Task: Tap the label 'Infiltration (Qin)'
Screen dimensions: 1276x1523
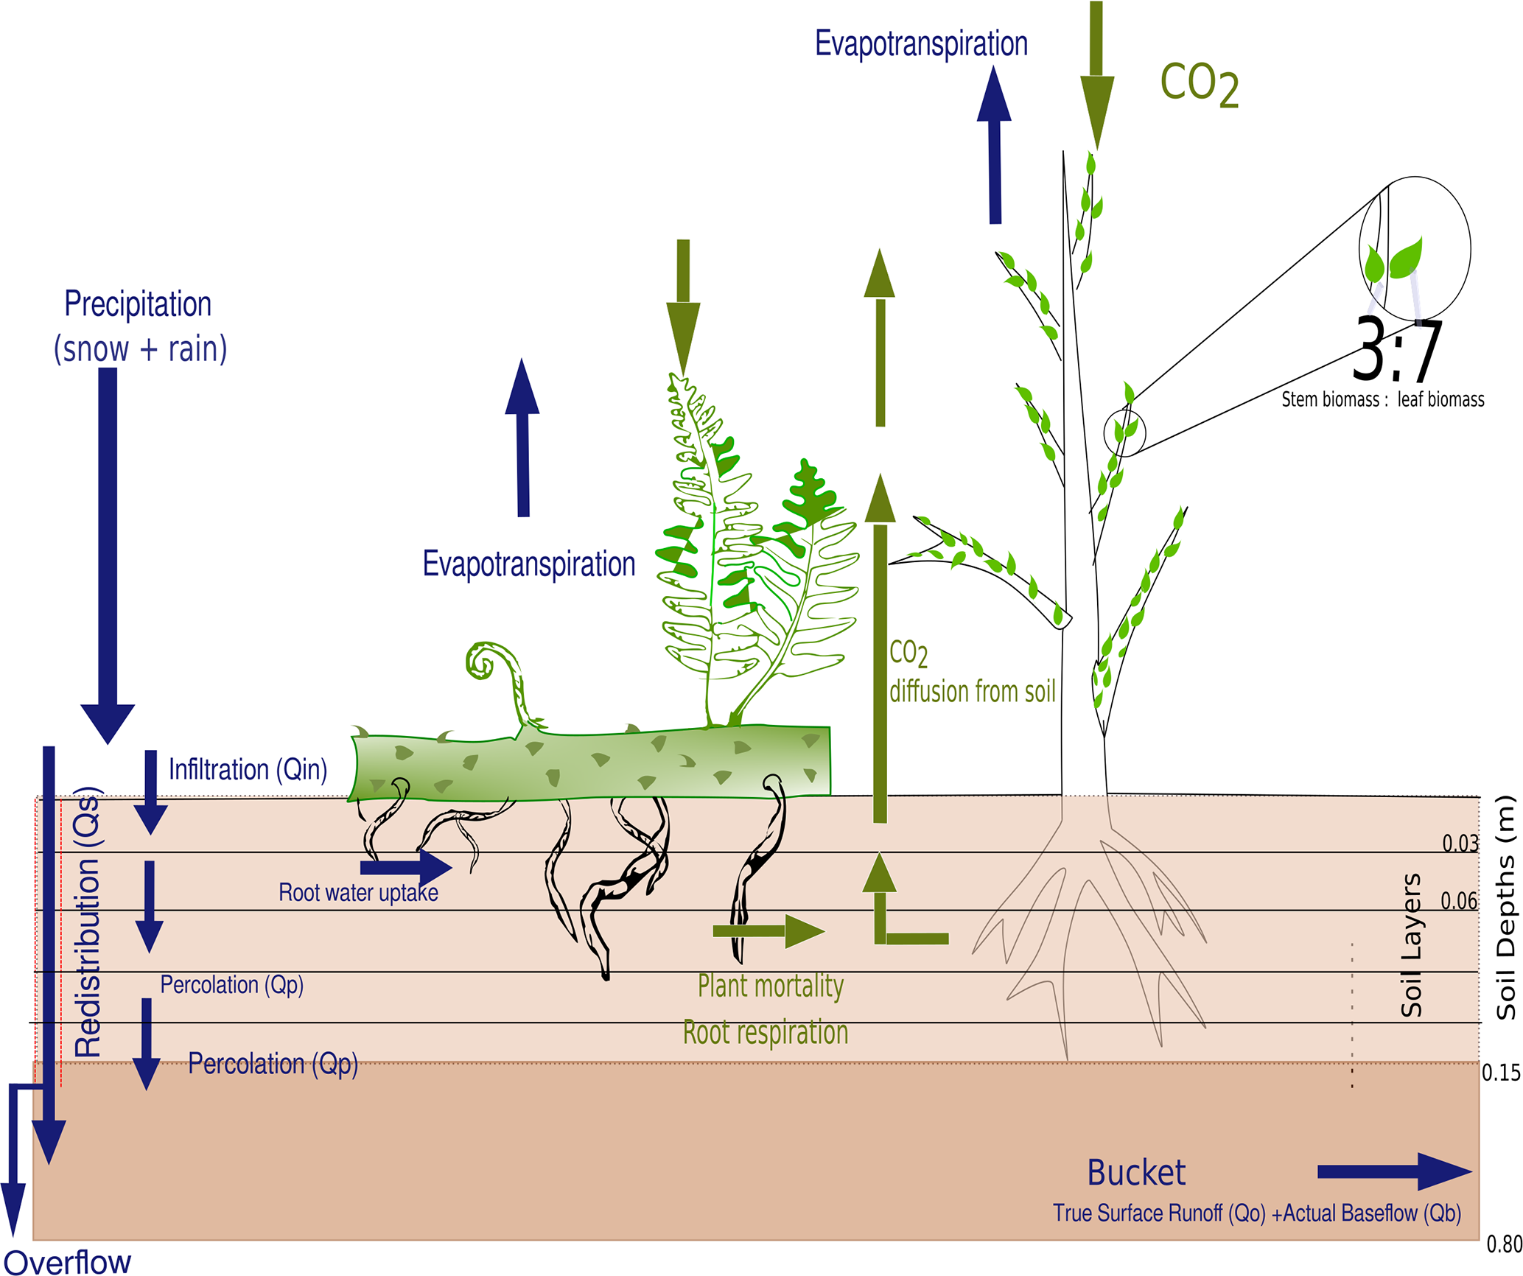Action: [248, 769]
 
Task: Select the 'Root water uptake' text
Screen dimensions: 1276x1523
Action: [358, 893]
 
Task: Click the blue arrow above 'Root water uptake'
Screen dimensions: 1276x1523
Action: [406, 867]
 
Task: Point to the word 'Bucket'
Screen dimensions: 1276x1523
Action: [1136, 1173]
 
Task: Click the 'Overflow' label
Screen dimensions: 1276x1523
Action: [68, 1262]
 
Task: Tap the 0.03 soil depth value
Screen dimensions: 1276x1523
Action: [1460, 843]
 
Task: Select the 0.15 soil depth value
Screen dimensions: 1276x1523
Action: [1501, 1073]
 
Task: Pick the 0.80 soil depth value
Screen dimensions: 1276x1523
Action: [1504, 1244]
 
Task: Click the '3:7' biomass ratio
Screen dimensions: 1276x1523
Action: [1397, 351]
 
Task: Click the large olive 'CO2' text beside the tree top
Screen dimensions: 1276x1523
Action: [1199, 84]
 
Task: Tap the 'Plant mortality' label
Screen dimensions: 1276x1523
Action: [771, 986]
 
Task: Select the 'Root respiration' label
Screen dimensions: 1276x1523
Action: [766, 1032]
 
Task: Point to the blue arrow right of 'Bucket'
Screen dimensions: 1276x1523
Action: [1393, 1172]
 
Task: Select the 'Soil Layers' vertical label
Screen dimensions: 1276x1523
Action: [1411, 945]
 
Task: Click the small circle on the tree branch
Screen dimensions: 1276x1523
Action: [1124, 433]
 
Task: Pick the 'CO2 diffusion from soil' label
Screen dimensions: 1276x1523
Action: [972, 672]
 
